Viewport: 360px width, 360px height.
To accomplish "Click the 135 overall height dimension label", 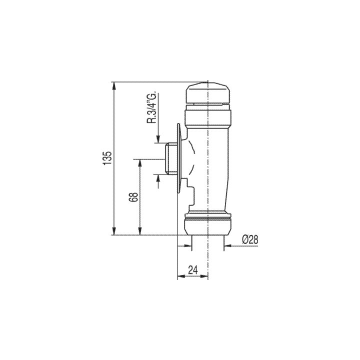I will click(105, 158).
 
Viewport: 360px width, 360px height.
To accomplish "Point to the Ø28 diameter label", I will click(249, 239).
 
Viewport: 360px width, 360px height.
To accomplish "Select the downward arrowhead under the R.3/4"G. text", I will click(158, 139).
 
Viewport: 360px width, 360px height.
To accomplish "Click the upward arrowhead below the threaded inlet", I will click(158, 177).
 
